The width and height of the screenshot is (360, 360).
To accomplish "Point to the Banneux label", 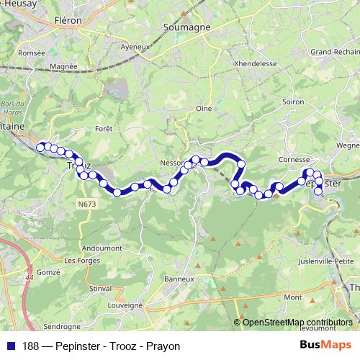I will point(179,279).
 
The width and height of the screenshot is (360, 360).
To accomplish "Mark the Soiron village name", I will point(293,102).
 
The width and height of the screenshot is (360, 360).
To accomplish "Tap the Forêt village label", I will point(104,129).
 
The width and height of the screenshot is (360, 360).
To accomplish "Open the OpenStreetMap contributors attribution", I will point(297,322).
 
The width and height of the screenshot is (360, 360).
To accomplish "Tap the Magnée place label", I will point(64,68).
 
